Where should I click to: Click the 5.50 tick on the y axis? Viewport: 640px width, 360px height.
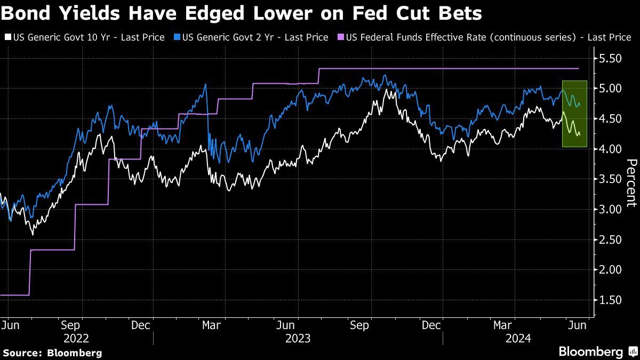pos(610,58)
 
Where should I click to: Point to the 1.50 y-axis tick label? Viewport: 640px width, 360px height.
pos(610,300)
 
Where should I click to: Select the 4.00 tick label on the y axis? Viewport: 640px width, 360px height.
pos(610,148)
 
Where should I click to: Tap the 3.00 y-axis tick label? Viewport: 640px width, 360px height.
pos(610,209)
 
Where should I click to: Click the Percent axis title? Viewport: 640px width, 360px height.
pos(631,182)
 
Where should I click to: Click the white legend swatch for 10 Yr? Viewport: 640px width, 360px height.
pos(7,37)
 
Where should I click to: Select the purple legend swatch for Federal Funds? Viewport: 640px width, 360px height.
pos(341,37)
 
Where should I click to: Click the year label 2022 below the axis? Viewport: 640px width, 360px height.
pos(77,338)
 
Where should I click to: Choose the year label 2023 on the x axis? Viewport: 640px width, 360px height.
pos(298,338)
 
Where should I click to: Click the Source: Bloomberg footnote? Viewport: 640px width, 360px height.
pos(52,353)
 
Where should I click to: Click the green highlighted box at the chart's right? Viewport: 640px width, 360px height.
pos(574,114)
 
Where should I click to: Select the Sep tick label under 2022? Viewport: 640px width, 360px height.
pos(70,325)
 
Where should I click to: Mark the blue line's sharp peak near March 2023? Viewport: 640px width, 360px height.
pos(205,84)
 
